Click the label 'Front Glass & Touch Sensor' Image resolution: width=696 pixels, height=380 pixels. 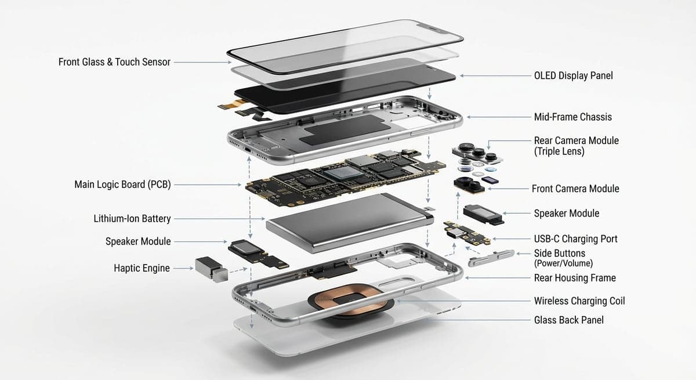[114, 61]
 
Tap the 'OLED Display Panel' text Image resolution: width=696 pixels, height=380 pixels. [573, 75]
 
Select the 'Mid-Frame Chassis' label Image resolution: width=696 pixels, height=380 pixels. [572, 117]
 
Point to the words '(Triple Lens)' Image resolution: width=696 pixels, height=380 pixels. [559, 151]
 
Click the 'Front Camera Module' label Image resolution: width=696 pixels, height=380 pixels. [575, 189]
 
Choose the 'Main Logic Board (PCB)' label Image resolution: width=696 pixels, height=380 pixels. [122, 184]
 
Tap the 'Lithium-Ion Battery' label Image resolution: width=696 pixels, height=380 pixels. [132, 219]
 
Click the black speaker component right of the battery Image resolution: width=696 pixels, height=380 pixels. [483, 213]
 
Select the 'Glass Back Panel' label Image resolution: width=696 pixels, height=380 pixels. [568, 320]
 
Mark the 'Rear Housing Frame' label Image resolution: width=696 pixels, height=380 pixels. [575, 278]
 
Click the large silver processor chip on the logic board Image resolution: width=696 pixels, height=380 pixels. [339, 171]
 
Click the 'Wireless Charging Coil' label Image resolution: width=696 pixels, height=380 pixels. [579, 301]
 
